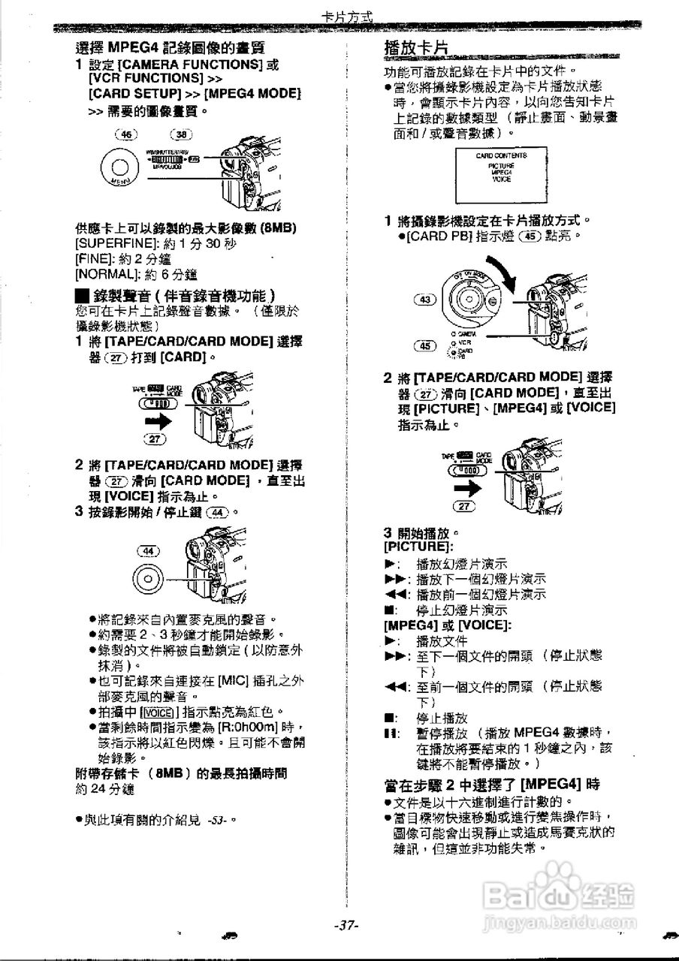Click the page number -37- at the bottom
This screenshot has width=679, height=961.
tap(347, 926)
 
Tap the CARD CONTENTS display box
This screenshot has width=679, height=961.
tap(501, 170)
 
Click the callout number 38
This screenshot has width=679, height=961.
tap(180, 134)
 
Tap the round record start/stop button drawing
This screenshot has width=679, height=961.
tap(149, 580)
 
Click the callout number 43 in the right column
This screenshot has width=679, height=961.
tap(426, 300)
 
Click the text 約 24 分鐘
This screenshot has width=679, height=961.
tap(104, 788)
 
